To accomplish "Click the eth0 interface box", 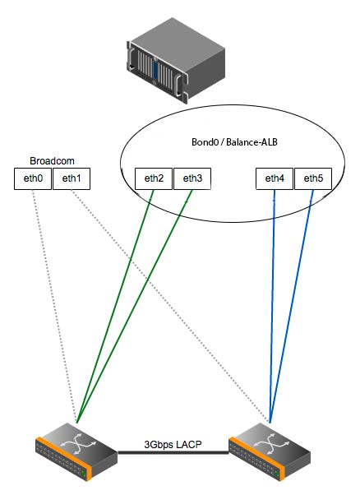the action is click(x=33, y=178).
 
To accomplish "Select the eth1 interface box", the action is click(x=72, y=178).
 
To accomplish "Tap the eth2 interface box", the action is click(x=154, y=178).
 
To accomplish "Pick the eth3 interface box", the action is click(x=192, y=178).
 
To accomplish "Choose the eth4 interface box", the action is click(x=275, y=178).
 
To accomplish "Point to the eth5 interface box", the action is click(x=313, y=178).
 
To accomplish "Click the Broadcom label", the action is click(x=52, y=160).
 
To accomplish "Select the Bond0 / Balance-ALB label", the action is click(x=234, y=141).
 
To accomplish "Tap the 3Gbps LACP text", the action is click(x=173, y=445).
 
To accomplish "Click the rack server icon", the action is click(x=176, y=59).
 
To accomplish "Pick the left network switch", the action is click(x=76, y=451).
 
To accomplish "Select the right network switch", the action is click(x=270, y=451).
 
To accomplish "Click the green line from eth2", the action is click(x=115, y=306).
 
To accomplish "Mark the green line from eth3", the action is click(x=135, y=306).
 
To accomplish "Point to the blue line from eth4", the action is click(x=272, y=306).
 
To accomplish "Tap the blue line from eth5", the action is click(x=292, y=306).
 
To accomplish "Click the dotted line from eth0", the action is click(x=54, y=306).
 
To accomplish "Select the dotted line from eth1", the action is click(x=170, y=306).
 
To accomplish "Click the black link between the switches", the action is click(x=173, y=453).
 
